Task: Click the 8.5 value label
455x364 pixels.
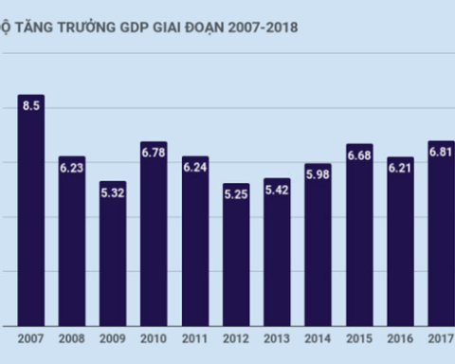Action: coord(31,106)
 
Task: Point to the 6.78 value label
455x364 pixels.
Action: coord(154,152)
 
